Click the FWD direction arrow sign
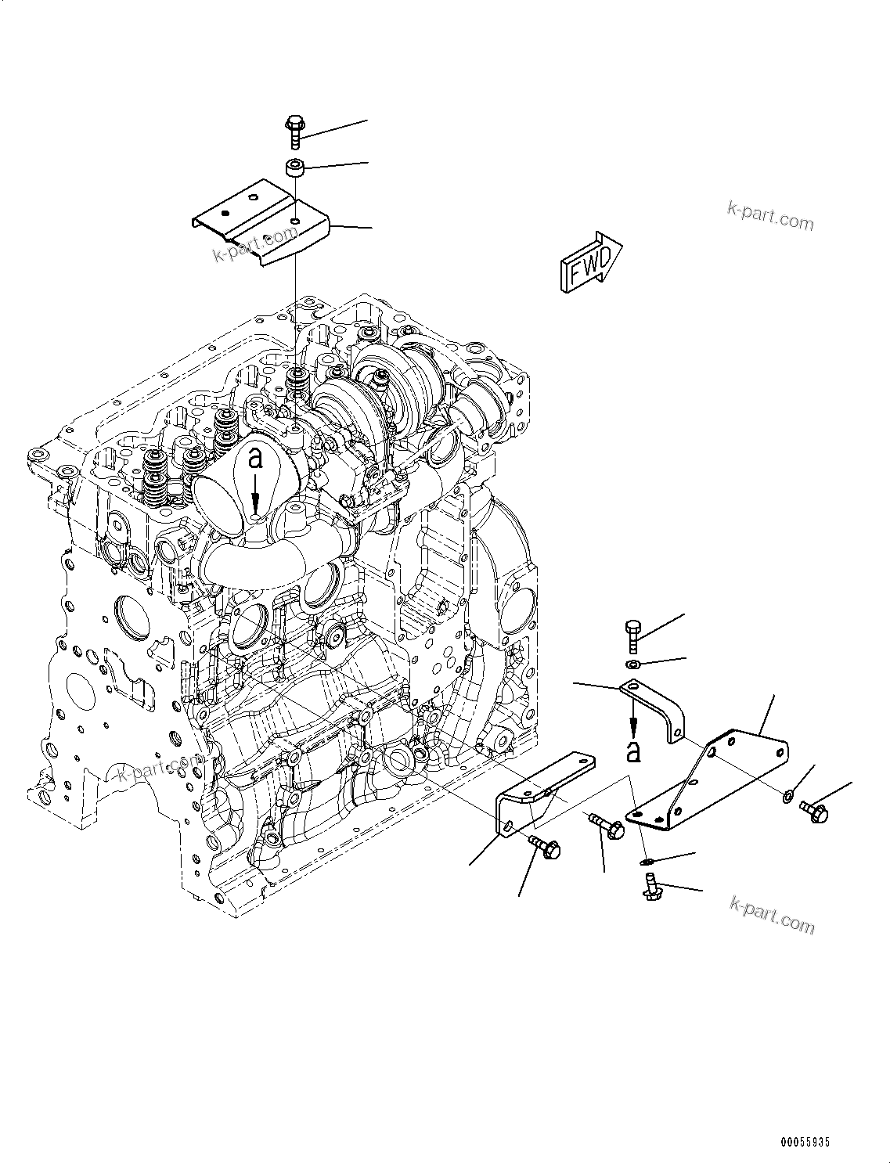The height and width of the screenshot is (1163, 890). point(591,263)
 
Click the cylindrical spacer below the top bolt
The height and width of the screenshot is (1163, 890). point(294,168)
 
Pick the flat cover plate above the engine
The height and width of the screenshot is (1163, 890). point(262,227)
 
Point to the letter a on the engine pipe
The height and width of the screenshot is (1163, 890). point(255,459)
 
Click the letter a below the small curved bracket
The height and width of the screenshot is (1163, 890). point(633,752)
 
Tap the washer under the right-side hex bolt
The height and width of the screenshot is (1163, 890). point(633,665)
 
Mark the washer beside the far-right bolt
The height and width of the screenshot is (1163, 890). point(787,797)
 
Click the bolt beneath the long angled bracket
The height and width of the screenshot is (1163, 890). point(544,845)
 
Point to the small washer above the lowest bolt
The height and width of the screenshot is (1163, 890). point(647,862)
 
